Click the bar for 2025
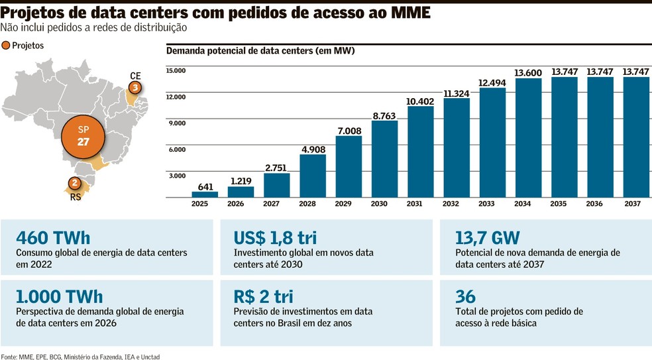(205, 194)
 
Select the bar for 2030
(384, 159)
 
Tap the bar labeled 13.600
(528, 138)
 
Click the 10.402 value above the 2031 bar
(420, 101)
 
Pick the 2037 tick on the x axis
(632, 204)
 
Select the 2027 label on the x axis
(276, 204)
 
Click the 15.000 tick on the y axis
(176, 71)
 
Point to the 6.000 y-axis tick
(176, 149)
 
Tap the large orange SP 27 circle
(83, 135)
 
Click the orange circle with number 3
(135, 88)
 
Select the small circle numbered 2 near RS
(75, 183)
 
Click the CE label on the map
(136, 76)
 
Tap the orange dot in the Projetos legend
(6, 46)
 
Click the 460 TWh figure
(53, 237)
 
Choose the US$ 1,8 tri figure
(274, 237)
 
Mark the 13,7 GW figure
(488, 237)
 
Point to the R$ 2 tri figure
(264, 296)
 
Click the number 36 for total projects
(466, 296)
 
